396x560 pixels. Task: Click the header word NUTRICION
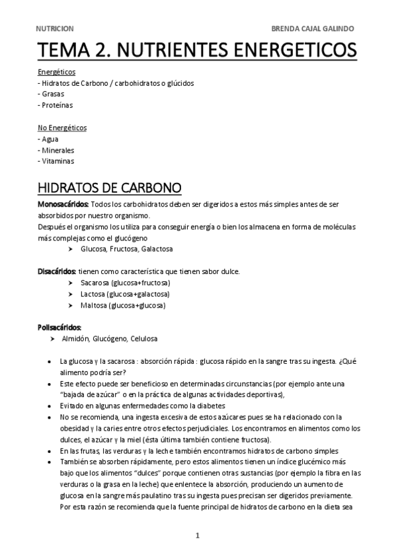point(55,29)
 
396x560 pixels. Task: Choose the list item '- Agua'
point(48,139)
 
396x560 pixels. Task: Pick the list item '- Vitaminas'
point(56,161)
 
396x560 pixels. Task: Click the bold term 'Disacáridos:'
point(57,271)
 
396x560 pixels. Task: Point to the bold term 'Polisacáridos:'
point(59,327)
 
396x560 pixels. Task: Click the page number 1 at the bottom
point(197,536)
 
